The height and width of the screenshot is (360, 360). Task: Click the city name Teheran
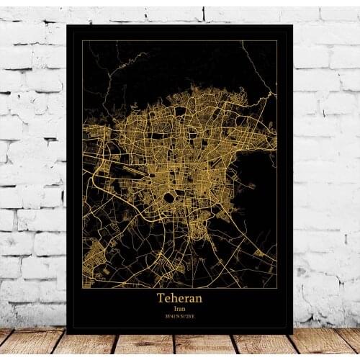point(179,297)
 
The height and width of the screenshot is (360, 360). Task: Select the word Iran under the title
point(179,307)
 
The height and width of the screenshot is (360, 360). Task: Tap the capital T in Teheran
point(160,297)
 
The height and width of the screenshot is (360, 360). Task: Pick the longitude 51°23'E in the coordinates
point(187,315)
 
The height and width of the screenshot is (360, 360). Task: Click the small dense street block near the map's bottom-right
point(259,253)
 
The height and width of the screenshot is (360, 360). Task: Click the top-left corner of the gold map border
point(82,41)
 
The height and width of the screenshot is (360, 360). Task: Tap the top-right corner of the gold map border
point(277,41)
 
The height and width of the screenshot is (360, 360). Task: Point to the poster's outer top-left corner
point(66,25)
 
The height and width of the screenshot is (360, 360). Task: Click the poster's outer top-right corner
point(292,25)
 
